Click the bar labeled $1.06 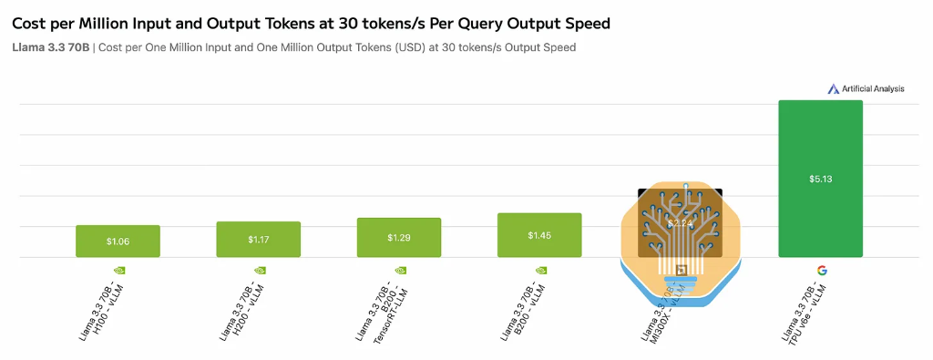pyautogui.click(x=118, y=242)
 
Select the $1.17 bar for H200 pyautogui.click(x=258, y=240)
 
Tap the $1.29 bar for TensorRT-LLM pyautogui.click(x=399, y=238)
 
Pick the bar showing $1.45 pyautogui.click(x=539, y=235)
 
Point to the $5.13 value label pyautogui.click(x=820, y=179)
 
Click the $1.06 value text pyautogui.click(x=118, y=242)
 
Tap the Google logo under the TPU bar pyautogui.click(x=821, y=270)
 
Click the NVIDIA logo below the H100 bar pyautogui.click(x=118, y=270)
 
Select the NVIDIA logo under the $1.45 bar pyautogui.click(x=540, y=270)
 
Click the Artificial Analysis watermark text pyautogui.click(x=873, y=88)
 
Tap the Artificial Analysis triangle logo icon pyautogui.click(x=833, y=88)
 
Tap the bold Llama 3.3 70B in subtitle pyautogui.click(x=51, y=47)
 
